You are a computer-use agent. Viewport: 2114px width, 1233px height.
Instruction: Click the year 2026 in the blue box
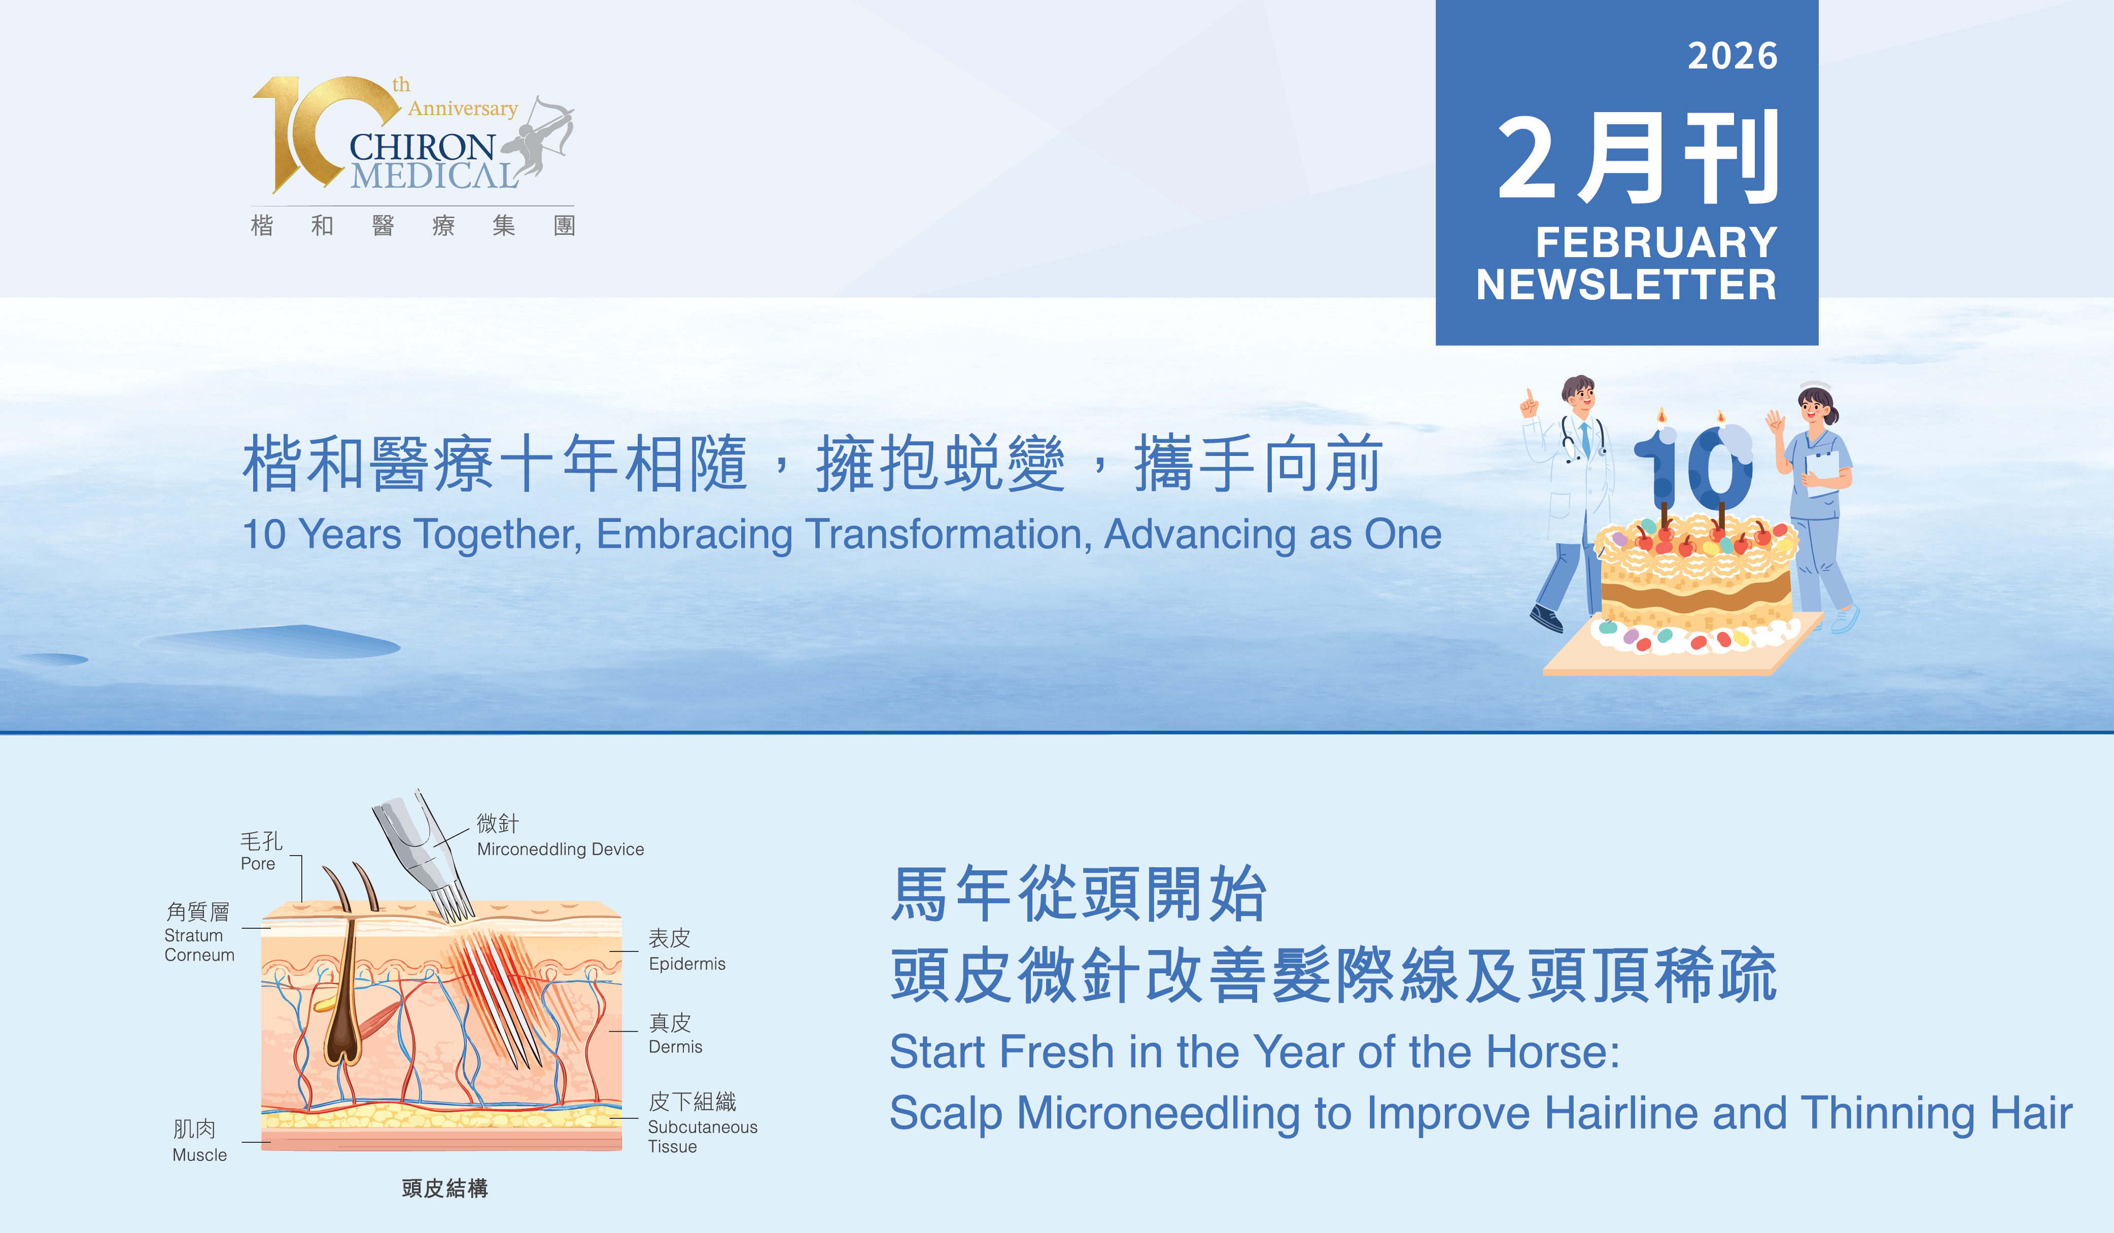click(1732, 56)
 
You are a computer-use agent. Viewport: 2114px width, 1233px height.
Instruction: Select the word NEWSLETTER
click(1626, 285)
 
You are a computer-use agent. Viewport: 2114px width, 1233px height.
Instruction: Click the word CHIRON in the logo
click(422, 148)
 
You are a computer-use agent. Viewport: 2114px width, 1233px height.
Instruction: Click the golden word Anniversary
click(463, 109)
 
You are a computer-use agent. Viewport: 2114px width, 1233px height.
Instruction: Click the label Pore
click(258, 864)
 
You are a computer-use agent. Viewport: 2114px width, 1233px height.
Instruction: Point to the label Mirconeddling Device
click(561, 849)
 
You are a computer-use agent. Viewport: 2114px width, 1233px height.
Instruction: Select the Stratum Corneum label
click(199, 945)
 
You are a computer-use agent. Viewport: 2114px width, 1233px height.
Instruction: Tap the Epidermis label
click(687, 964)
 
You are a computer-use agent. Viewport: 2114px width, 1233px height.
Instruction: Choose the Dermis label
click(675, 1047)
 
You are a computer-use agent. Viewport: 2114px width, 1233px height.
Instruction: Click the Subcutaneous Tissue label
click(702, 1137)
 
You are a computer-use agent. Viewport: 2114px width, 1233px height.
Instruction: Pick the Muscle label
click(200, 1155)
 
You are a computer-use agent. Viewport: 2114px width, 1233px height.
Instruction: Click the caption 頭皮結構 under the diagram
click(444, 1188)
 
